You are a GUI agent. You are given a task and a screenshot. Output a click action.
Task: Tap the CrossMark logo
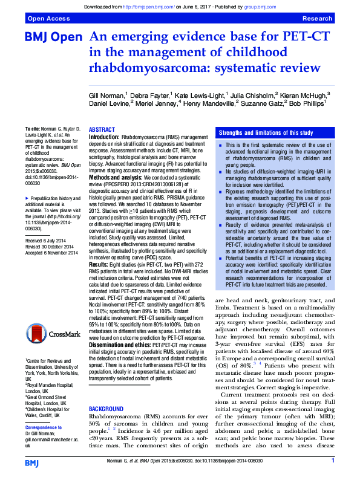click(50, 332)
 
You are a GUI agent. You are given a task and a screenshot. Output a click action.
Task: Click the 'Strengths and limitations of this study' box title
click(266, 132)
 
